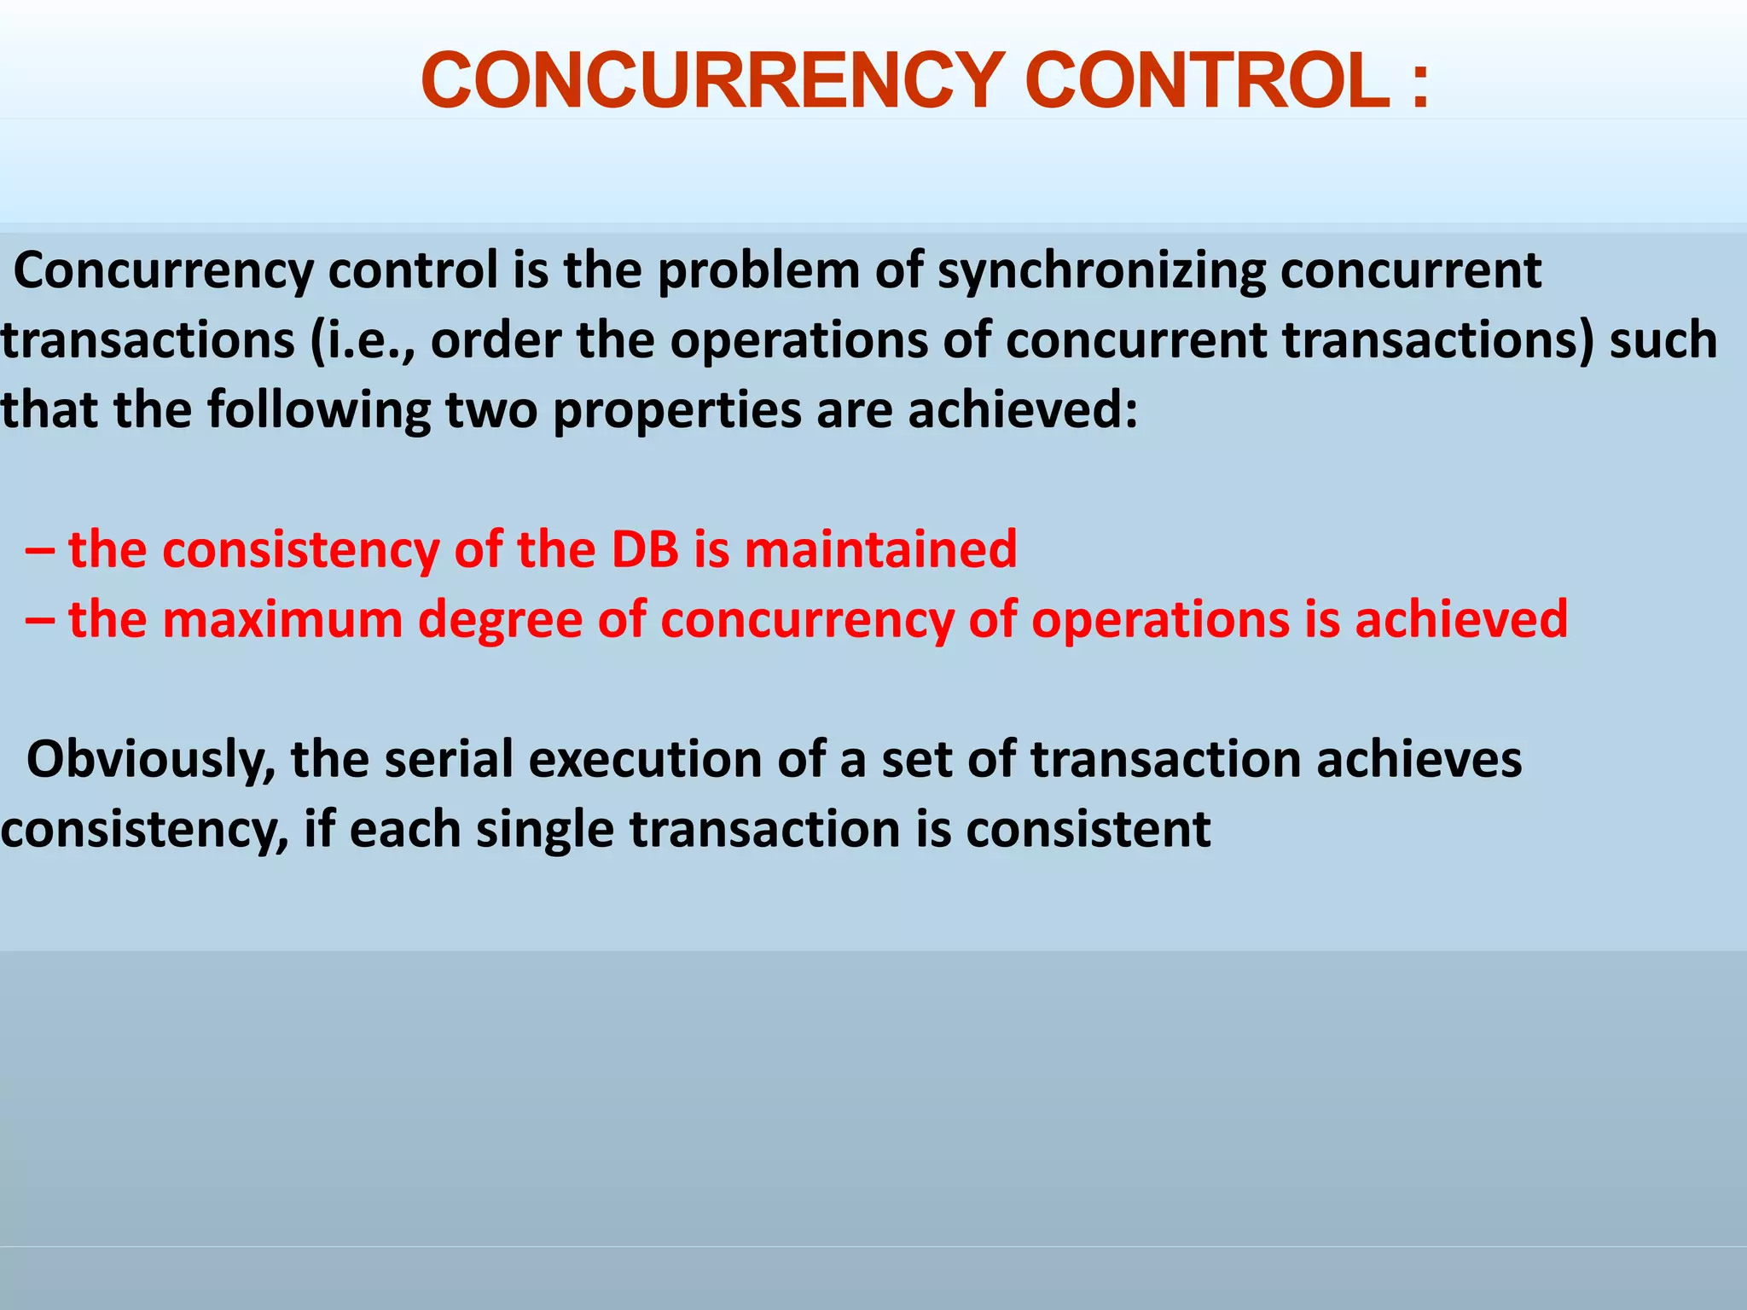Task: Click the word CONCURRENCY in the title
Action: [712, 81]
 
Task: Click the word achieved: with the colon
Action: [1022, 409]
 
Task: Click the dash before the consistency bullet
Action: [40, 550]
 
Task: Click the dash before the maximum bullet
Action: [40, 620]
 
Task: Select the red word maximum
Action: [282, 620]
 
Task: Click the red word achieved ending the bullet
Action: [1460, 620]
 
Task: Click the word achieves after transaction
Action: [1419, 759]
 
